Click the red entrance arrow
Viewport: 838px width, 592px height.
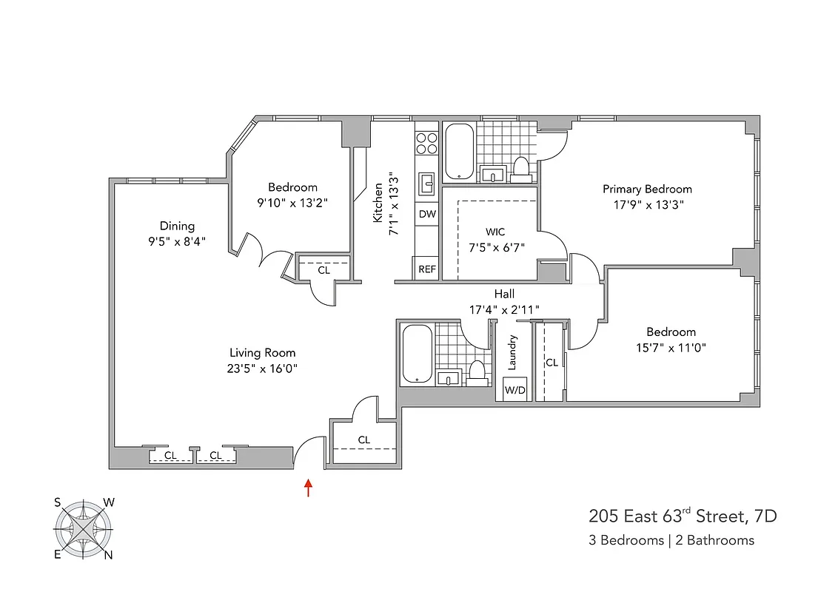coord(308,488)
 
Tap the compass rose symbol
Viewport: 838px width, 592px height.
coord(83,530)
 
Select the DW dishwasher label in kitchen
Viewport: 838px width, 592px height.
coord(427,214)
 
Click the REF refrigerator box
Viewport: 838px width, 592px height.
coord(427,269)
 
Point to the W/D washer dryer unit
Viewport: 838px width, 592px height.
coord(514,390)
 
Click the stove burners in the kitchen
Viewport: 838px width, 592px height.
coord(426,143)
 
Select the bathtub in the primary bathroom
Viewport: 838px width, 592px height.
coord(458,152)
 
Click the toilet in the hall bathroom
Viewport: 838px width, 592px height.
coord(477,371)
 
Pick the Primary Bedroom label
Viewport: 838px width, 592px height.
coord(647,189)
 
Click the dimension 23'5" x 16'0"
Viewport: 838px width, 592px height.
coord(262,368)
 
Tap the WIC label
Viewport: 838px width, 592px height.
coord(496,232)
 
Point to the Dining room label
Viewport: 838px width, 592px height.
coord(177,226)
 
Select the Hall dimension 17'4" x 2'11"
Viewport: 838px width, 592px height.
coord(504,309)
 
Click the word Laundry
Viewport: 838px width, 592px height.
coord(512,353)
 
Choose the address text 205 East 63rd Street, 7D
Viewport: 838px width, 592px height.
coord(683,516)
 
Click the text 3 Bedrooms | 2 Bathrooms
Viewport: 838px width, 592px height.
coord(671,540)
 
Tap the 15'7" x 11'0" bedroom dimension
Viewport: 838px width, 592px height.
coord(671,347)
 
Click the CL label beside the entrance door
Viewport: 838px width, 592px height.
coord(363,440)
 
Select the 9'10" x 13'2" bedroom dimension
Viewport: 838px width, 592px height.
coord(292,202)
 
